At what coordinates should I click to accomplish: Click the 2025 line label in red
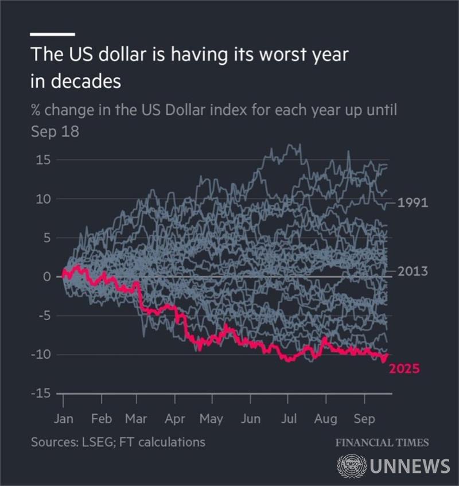click(404, 369)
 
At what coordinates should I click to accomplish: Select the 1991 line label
click(412, 203)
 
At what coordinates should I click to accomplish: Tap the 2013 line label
click(412, 271)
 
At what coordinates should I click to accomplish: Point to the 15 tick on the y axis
click(44, 160)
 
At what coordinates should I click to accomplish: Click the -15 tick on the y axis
click(41, 394)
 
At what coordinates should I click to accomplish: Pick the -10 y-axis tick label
click(41, 355)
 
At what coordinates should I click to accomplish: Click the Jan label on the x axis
click(64, 419)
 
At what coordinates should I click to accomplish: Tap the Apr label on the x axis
click(175, 419)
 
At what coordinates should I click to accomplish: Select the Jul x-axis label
click(288, 419)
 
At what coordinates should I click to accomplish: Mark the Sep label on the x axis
click(363, 419)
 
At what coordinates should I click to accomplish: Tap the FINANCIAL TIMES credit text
click(382, 442)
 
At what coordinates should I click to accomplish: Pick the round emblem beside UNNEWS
click(352, 465)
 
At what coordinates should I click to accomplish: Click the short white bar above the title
click(52, 34)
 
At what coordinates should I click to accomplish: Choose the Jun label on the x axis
click(250, 419)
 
